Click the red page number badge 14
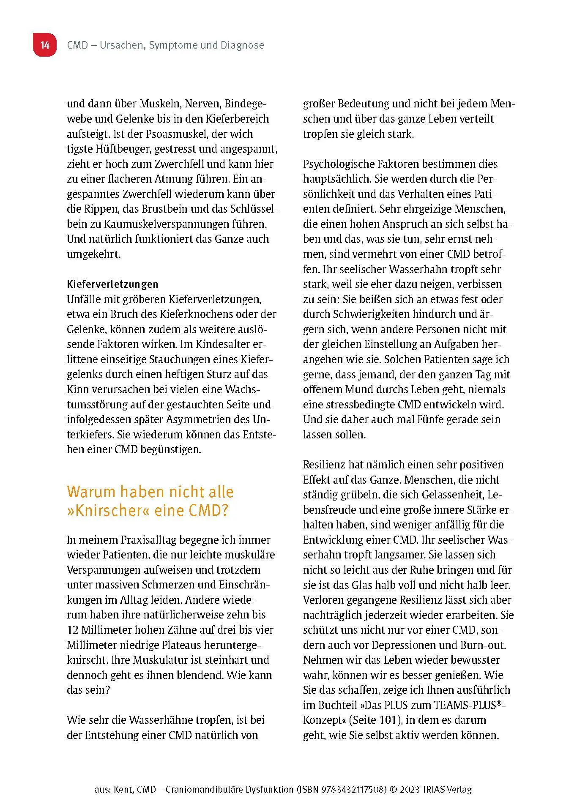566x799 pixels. click(x=45, y=45)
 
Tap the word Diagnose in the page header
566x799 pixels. click(x=242, y=45)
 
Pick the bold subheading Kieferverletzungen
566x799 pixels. click(x=112, y=284)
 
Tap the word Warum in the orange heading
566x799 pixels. click(x=91, y=492)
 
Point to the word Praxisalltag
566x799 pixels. click(x=148, y=540)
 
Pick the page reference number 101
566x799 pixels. click(x=390, y=720)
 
